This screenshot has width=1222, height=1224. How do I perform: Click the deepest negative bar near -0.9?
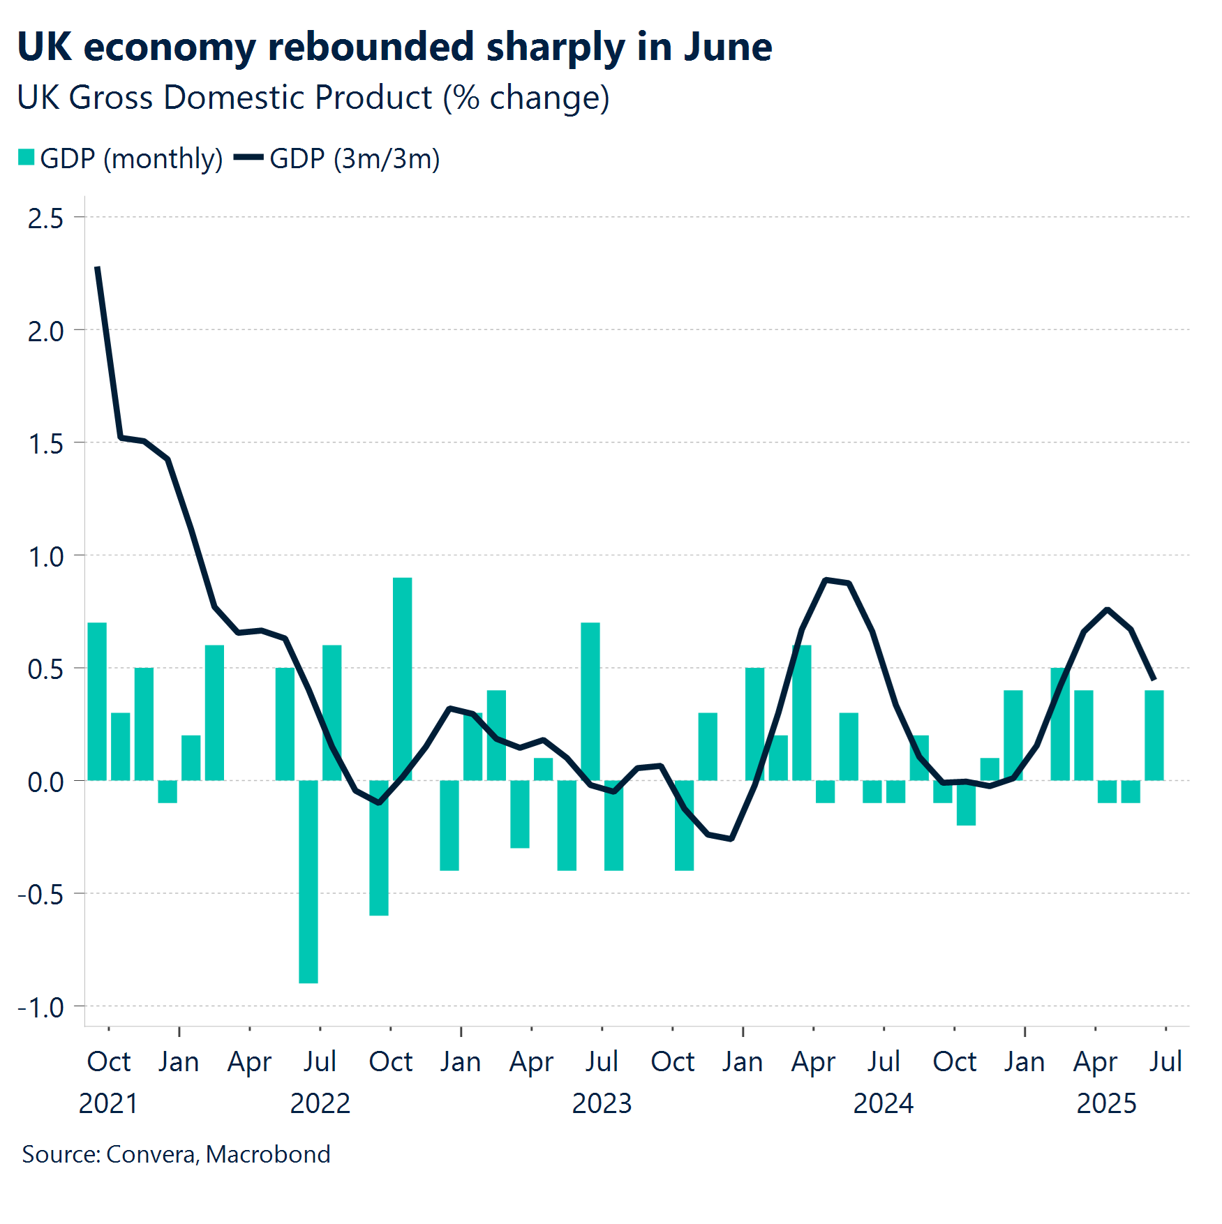click(308, 881)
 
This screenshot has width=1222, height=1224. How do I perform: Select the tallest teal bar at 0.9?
click(402, 678)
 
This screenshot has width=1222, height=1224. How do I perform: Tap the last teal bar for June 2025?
click(1154, 735)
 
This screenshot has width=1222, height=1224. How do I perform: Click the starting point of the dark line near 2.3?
click(98, 268)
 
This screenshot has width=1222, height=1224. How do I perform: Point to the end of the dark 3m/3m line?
click(1154, 678)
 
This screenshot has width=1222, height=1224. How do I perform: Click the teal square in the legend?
click(27, 158)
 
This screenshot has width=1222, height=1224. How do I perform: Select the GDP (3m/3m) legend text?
click(355, 159)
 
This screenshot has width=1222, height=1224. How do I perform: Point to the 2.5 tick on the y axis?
click(45, 218)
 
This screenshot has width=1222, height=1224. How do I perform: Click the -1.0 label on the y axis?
click(40, 1008)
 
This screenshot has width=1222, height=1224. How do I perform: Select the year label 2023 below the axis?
click(602, 1103)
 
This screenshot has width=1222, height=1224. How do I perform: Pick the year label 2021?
click(108, 1103)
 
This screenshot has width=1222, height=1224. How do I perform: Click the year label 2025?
click(1106, 1103)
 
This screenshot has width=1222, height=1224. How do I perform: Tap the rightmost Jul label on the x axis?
click(1165, 1061)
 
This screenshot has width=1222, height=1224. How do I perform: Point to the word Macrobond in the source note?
click(268, 1154)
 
